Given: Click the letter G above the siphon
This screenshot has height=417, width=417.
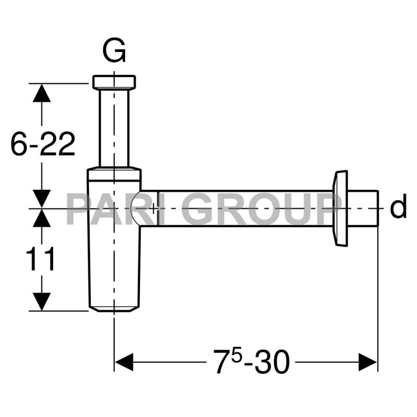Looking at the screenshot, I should pyautogui.click(x=114, y=51).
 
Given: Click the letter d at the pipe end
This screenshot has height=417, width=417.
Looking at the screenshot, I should pyautogui.click(x=398, y=208).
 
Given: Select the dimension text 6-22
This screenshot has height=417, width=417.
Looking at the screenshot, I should pyautogui.click(x=43, y=144).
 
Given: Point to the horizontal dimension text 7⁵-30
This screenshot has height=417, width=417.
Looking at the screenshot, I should pyautogui.click(x=251, y=361).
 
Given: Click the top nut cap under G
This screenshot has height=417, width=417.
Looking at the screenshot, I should pyautogui.click(x=114, y=82).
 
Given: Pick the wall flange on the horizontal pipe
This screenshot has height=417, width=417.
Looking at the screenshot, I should pyautogui.click(x=340, y=208).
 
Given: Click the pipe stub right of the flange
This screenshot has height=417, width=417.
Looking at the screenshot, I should pyautogui.click(x=363, y=208).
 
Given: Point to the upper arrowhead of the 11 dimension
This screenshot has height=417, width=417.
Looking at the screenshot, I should pyautogui.click(x=41, y=218).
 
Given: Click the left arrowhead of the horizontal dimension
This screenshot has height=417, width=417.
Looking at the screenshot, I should pyautogui.click(x=124, y=362).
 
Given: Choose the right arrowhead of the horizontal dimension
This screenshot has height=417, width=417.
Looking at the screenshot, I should pyautogui.click(x=367, y=362).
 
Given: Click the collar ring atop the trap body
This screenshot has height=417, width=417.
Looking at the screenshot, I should pyautogui.click(x=114, y=174).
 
